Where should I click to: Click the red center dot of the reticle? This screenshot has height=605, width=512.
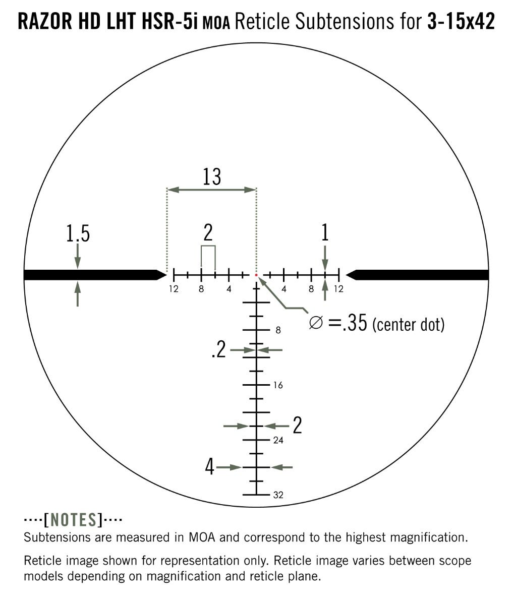[256, 275]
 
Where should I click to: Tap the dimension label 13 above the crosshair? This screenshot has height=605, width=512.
[212, 176]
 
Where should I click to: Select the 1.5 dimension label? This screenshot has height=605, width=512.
[78, 233]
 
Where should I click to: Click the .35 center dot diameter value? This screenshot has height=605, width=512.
[354, 323]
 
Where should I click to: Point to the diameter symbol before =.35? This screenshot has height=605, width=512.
[316, 323]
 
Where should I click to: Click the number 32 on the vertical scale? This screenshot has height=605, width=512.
[278, 495]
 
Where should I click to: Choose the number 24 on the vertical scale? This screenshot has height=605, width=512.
[278, 440]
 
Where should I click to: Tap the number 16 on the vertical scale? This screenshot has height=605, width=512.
[278, 385]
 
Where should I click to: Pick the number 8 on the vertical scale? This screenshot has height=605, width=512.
[278, 330]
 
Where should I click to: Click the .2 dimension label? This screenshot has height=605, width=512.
[219, 349]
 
